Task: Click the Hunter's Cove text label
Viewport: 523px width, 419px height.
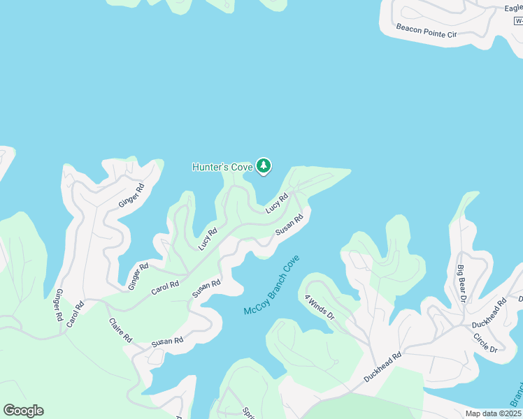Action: [x=222, y=167]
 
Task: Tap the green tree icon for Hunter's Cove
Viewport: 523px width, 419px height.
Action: [x=264, y=166]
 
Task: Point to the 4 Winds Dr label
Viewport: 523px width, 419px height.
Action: [x=320, y=307]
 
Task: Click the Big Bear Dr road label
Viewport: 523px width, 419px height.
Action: [x=461, y=284]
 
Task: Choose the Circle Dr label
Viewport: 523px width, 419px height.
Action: [x=485, y=344]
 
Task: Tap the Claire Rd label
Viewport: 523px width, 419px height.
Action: [x=120, y=330]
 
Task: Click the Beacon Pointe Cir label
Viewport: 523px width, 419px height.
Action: [x=426, y=31]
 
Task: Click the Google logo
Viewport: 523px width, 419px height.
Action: [x=23, y=411]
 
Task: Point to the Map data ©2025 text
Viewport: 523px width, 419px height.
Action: [x=494, y=413]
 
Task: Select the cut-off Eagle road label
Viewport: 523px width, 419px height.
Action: [x=513, y=8]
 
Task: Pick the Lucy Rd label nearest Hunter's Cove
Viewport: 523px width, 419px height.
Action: [x=277, y=204]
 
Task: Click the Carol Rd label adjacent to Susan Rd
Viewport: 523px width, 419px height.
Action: [x=165, y=287]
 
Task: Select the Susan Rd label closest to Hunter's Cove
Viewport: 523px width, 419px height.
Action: [x=289, y=224]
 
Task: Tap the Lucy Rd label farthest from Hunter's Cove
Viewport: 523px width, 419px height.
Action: [x=208, y=239]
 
